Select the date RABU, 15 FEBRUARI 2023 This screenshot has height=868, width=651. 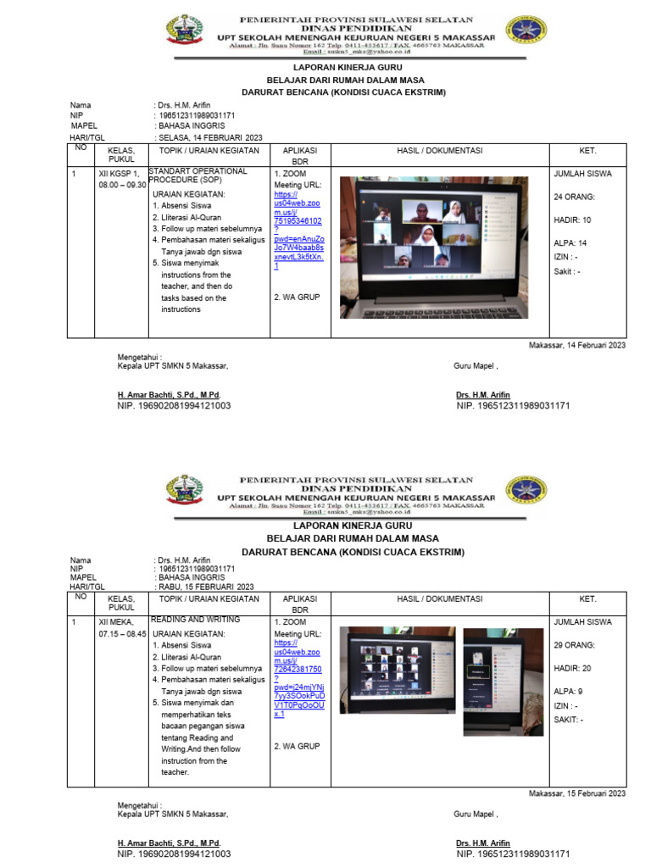(206, 587)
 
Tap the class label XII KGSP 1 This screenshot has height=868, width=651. (119, 174)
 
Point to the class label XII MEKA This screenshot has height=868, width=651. (116, 621)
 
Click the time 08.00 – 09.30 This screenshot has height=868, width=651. (123, 185)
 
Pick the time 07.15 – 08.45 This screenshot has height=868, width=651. (123, 633)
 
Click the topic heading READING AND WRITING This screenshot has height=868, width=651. (195, 620)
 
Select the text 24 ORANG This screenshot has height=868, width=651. (574, 198)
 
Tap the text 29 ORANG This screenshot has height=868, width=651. (574, 645)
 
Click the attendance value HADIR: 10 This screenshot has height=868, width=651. (572, 220)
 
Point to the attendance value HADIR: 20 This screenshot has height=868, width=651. (572, 668)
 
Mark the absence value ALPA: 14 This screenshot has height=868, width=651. (570, 243)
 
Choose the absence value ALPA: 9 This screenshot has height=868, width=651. (568, 691)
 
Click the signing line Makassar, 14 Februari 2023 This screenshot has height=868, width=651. (576, 345)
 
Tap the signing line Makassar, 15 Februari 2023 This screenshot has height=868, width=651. (576, 793)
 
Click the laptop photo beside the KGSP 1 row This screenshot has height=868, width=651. (433, 248)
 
